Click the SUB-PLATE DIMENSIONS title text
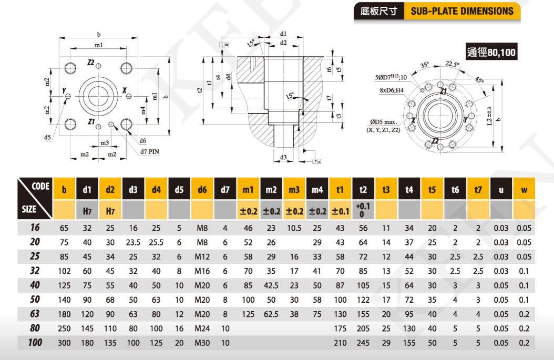point(462,11)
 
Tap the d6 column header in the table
point(202,189)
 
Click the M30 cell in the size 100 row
point(202,343)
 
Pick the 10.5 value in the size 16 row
point(294,228)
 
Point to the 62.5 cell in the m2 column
point(271,314)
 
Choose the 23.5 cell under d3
point(132,242)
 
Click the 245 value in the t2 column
point(363,343)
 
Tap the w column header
point(524,189)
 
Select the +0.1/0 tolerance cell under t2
point(363,210)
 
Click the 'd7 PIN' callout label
point(150,152)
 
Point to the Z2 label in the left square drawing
point(90,63)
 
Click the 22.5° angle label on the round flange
point(452,64)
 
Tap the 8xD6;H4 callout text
point(392,90)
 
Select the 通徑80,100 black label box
point(491,52)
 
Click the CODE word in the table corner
point(40,186)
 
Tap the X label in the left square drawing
point(124,90)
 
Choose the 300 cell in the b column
point(64,343)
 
